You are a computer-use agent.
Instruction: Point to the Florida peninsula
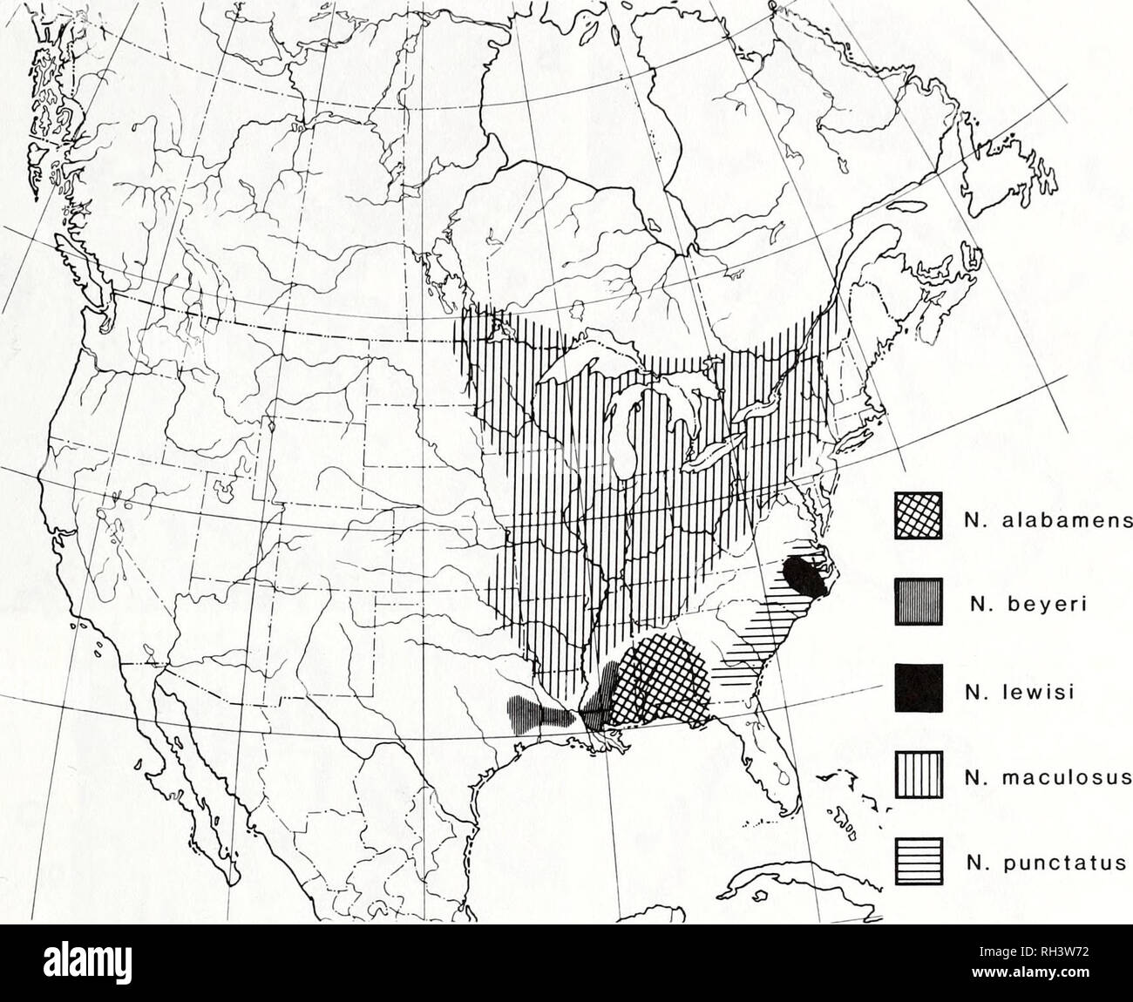coord(771,767)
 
